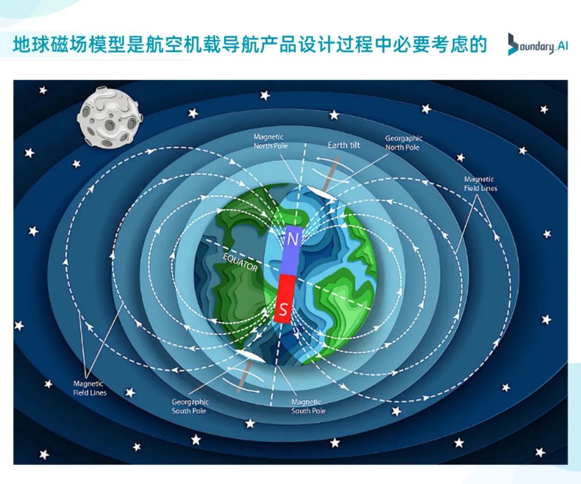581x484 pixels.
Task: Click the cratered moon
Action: point(108,117)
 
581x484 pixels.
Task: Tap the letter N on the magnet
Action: point(293,240)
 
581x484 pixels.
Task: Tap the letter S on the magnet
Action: point(284,309)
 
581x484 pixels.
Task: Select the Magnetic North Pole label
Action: point(270,141)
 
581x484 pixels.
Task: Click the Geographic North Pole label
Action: point(403,143)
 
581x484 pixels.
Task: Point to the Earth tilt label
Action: point(343,145)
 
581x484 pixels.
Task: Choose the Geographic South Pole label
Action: point(190,406)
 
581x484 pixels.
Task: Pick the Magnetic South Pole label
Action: point(308,406)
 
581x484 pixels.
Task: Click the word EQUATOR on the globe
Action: point(240,262)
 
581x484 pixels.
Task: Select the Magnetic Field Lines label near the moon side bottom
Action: point(90,388)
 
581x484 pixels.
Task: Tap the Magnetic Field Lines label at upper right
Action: point(480,184)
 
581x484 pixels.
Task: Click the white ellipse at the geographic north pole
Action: point(322,194)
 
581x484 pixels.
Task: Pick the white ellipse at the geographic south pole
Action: point(250,355)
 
